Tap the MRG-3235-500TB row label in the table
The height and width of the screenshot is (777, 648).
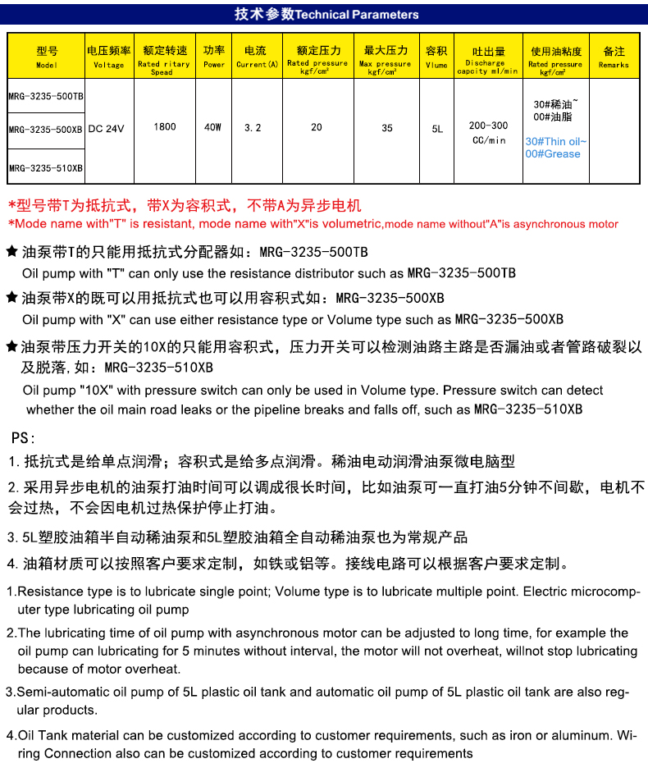(46, 96)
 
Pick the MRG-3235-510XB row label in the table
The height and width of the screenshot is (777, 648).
(46, 168)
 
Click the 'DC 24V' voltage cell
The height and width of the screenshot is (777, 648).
(106, 129)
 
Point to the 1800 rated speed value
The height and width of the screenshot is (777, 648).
(164, 127)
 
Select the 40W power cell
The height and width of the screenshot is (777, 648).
(213, 127)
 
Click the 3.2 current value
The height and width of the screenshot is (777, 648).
(253, 128)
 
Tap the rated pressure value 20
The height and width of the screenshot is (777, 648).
(317, 127)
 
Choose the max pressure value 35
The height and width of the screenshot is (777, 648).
(387, 128)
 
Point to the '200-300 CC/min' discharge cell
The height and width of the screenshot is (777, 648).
(488, 133)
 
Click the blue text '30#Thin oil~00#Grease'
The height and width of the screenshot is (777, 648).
(556, 148)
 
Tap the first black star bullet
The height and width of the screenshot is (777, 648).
(11, 252)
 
